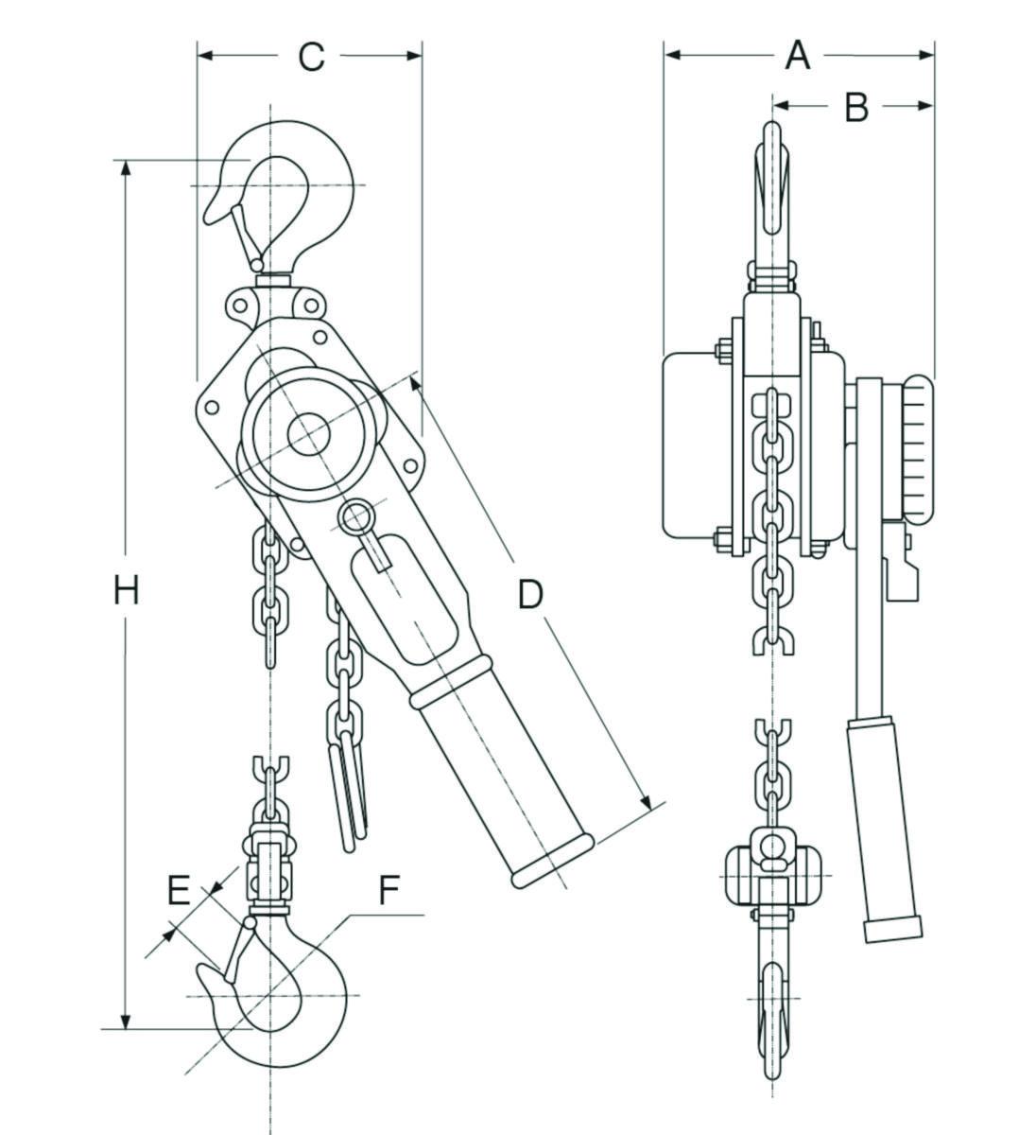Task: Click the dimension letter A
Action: (798, 55)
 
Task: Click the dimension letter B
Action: (855, 107)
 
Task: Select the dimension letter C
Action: (311, 57)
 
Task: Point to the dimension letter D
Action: (531, 593)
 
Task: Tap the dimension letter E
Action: (179, 890)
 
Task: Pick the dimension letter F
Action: (388, 890)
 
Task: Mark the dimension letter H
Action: (126, 591)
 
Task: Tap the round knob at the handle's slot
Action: (355, 516)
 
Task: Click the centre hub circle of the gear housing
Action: (309, 436)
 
